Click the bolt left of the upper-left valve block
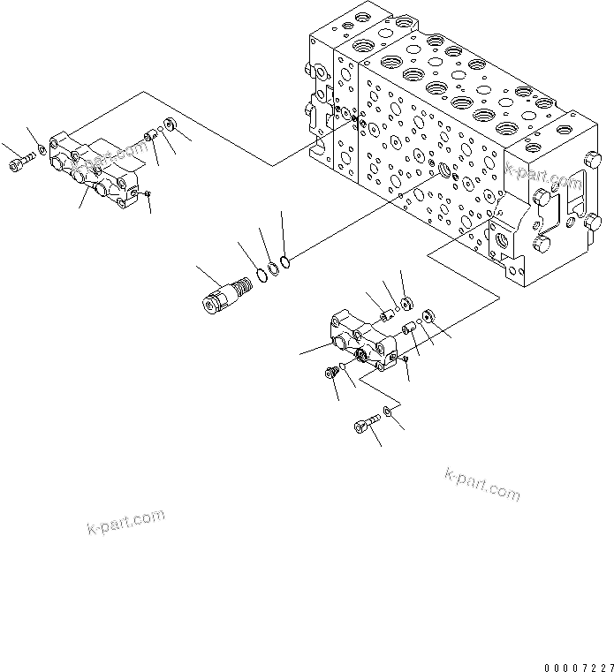pyautogui.click(x=20, y=164)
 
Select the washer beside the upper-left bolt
pyautogui.click(x=42, y=155)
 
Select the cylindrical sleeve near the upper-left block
pyautogui.click(x=151, y=137)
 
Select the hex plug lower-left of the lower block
pyautogui.click(x=331, y=374)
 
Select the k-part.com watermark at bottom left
pyautogui.click(x=126, y=522)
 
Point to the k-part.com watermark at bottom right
pyautogui.click(x=482, y=484)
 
